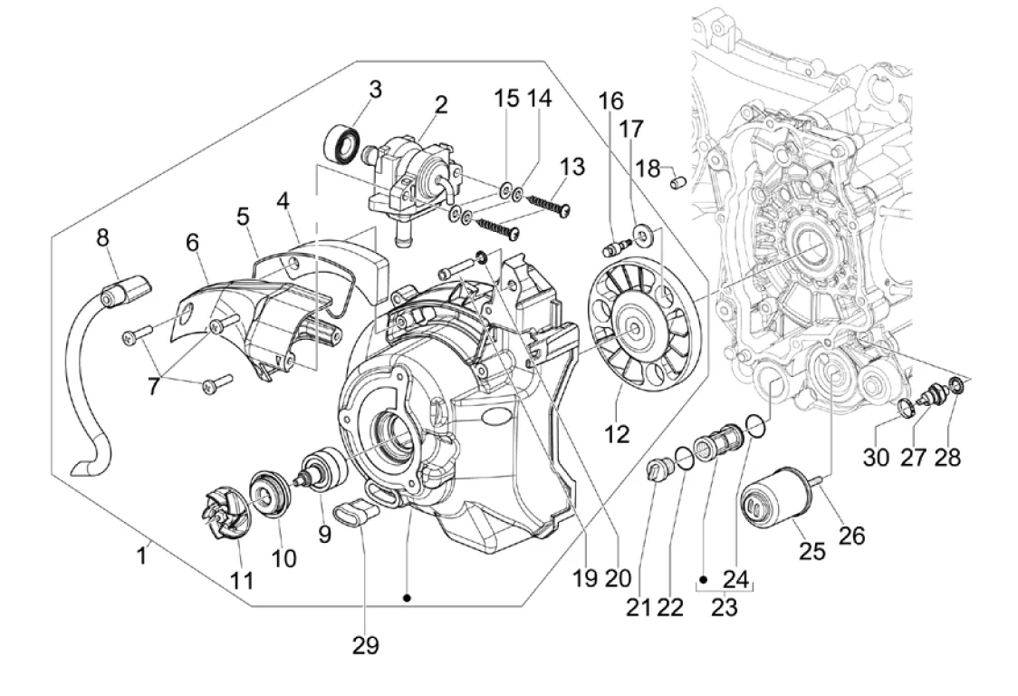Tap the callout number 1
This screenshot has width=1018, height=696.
[x=141, y=555]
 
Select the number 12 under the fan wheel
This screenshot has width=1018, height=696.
[x=617, y=434]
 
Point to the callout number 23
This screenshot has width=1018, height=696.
[x=724, y=607]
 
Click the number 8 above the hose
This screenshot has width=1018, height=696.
[x=102, y=238]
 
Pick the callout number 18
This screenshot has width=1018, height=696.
[x=647, y=169]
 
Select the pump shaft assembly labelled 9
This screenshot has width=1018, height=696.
[x=324, y=471]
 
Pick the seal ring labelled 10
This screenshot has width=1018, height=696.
[x=267, y=494]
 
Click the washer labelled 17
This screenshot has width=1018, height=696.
[x=643, y=237]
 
